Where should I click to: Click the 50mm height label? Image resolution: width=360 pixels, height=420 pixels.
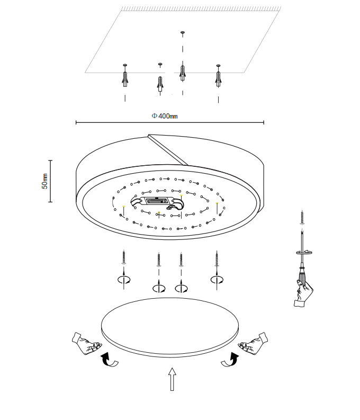[45, 181]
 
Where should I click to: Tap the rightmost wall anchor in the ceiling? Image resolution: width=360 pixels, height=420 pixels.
[218, 77]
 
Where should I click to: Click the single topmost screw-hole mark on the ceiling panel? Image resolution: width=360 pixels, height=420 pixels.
[183, 33]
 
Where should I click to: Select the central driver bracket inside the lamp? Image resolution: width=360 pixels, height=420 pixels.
[157, 202]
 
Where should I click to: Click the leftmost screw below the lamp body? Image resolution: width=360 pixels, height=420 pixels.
[125, 257]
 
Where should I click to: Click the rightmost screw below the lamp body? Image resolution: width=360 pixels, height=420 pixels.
[216, 257]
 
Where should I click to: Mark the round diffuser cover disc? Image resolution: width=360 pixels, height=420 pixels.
[170, 325]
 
